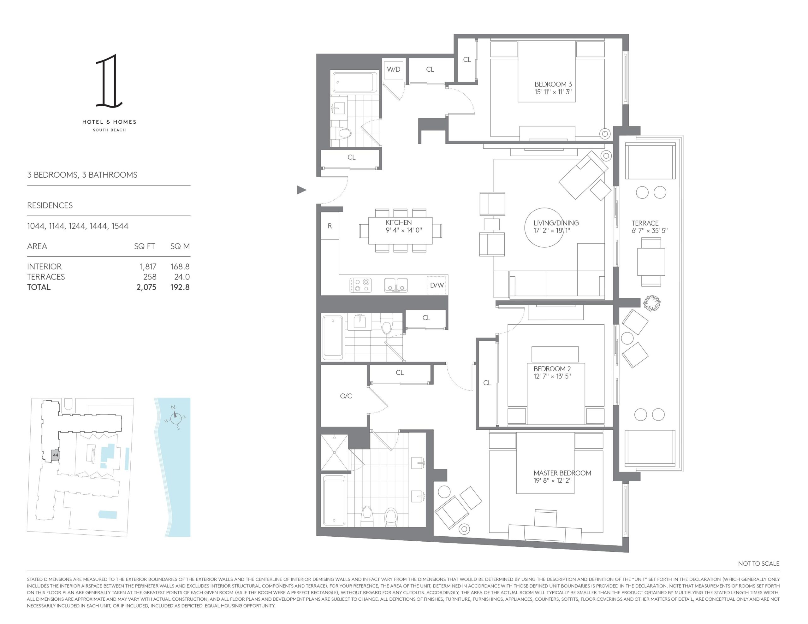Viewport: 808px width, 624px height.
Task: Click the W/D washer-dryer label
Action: click(394, 69)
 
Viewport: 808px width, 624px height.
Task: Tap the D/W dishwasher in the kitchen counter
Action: click(437, 285)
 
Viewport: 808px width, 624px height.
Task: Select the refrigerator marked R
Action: click(330, 226)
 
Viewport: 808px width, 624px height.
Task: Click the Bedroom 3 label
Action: click(553, 84)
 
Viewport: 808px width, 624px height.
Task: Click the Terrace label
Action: click(645, 223)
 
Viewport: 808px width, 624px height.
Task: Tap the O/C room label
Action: click(346, 396)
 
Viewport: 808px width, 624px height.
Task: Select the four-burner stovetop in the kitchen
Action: click(360, 285)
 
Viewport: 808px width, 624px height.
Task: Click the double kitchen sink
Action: click(396, 285)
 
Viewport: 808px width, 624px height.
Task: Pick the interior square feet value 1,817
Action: click(148, 266)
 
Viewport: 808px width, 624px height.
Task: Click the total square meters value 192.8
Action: click(180, 287)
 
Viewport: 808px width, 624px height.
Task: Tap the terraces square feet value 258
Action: click(150, 277)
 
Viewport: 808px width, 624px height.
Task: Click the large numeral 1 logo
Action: click(109, 81)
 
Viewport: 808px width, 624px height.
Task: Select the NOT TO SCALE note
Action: click(758, 563)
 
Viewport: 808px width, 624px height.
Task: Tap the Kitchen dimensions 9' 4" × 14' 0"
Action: click(403, 230)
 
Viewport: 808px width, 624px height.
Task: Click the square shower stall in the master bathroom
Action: click(335, 453)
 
